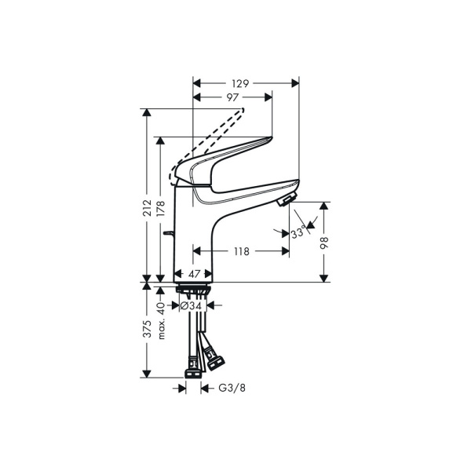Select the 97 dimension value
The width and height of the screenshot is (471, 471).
233,97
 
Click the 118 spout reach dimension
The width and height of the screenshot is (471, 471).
241,252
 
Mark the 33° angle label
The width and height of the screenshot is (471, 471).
298,233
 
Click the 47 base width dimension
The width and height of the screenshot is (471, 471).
192,275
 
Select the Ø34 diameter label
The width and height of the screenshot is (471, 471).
192,307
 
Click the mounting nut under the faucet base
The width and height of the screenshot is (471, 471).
193,290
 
